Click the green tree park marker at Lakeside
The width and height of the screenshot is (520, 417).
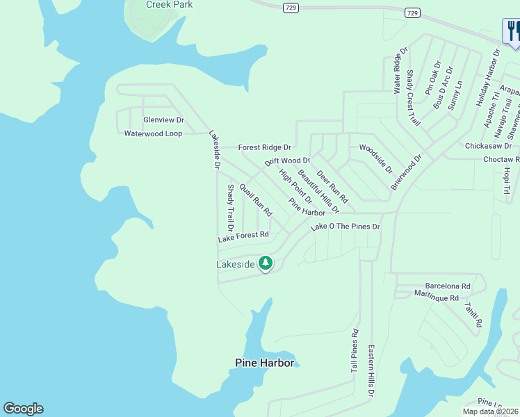coord(265,263)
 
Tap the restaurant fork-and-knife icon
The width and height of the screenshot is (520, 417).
coord(512,31)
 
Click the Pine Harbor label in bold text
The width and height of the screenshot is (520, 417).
coord(264,363)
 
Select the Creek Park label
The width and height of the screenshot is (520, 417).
coord(169,5)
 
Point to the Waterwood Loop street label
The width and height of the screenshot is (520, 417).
coord(153,133)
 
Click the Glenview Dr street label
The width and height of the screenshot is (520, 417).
coord(163,120)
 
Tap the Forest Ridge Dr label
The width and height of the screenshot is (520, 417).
coord(264,147)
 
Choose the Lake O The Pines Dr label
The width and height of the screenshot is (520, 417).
coord(346,227)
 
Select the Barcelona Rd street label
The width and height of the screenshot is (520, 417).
coord(448,286)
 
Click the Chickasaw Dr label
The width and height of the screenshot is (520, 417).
coord(488,146)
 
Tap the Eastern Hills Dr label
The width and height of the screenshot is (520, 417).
coord(371,370)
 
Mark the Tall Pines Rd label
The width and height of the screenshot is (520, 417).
coord(355,351)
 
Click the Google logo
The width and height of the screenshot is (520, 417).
coord(23,409)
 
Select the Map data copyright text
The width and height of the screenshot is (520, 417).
coord(490,411)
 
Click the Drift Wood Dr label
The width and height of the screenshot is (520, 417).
coord(287,161)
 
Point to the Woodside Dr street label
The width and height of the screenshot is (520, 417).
coord(375,159)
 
